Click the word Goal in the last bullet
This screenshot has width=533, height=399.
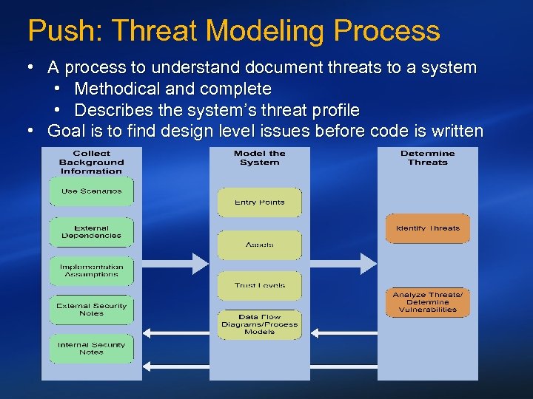65,132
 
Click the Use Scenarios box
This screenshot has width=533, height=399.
92,191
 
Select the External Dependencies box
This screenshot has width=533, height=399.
92,232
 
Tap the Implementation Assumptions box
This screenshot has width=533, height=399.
92,270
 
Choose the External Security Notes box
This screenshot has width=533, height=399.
92,310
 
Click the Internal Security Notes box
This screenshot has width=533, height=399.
92,349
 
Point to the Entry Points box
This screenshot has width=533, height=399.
259,202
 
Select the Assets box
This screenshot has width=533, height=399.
259,245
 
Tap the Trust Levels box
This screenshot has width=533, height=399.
259,285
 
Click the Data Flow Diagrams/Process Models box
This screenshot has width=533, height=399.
259,324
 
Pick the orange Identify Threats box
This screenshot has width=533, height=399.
428,228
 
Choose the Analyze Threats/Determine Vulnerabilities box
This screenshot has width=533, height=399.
428,302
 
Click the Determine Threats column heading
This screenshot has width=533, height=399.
428,158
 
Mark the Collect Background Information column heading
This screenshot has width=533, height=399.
92,163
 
